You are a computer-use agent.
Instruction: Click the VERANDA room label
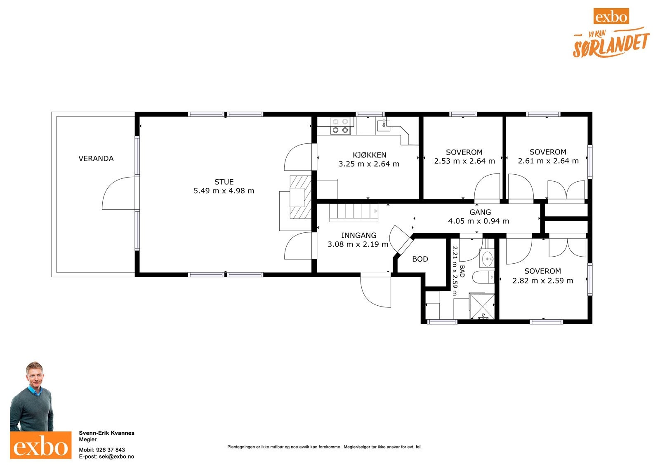click(96, 159)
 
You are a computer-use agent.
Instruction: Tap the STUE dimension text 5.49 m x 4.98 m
click(224, 191)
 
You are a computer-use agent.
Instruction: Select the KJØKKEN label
click(369, 155)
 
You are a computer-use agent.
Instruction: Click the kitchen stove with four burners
click(340, 126)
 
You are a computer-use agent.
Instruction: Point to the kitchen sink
click(383, 124)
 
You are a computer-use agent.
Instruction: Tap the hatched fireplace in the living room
click(300, 197)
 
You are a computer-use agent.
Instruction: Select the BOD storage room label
click(420, 259)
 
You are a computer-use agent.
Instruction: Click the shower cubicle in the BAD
click(482, 306)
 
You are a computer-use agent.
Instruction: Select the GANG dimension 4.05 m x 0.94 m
click(478, 221)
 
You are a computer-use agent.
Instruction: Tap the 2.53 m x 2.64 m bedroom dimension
click(464, 161)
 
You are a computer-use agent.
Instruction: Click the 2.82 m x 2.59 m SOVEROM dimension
click(542, 281)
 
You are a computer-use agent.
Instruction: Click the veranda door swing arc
click(118, 194)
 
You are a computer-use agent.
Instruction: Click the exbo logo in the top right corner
click(611, 17)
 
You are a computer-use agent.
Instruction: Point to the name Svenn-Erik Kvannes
click(106, 433)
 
